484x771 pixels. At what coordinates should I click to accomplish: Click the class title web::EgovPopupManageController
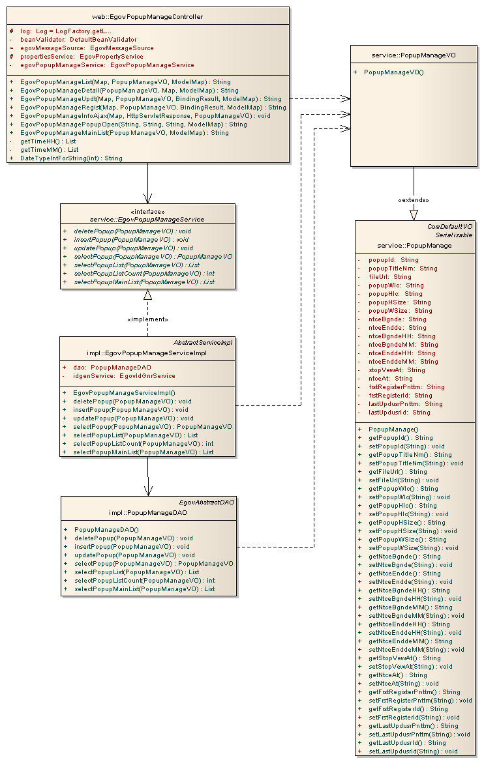click(147, 16)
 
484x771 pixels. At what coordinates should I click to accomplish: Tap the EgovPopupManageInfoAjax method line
click(136, 115)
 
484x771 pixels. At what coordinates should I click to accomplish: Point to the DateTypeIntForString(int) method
click(71, 158)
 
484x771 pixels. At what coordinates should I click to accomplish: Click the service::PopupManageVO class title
click(413, 55)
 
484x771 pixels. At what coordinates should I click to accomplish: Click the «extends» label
click(414, 200)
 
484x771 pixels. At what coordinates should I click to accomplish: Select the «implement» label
click(147, 319)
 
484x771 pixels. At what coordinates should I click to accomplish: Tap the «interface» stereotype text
click(147, 212)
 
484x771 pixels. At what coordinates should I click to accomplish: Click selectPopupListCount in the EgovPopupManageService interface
click(144, 274)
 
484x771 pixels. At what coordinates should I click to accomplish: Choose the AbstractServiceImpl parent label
click(203, 342)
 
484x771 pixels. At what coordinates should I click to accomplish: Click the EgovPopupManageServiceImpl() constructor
click(124, 393)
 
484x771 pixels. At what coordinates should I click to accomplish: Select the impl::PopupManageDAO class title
click(147, 513)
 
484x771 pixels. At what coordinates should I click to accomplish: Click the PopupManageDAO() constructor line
click(106, 530)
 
